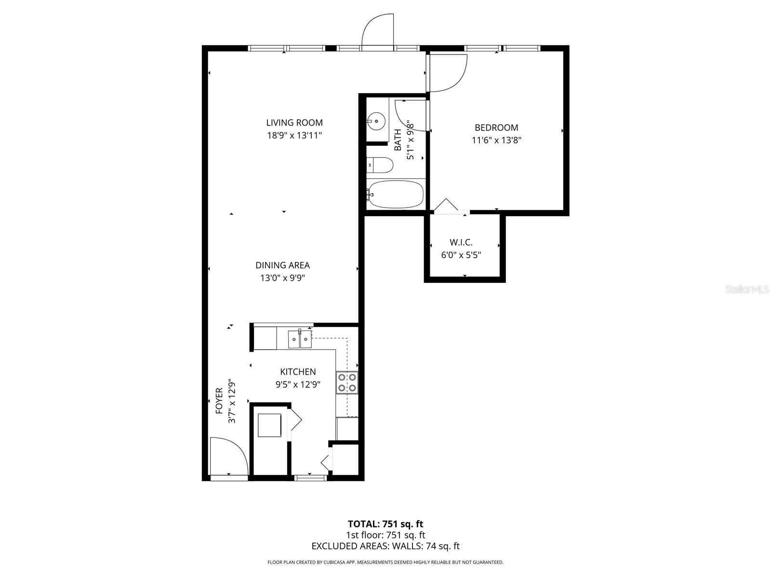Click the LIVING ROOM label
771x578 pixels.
pos(294,123)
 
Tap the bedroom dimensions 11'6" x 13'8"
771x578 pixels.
pos(496,141)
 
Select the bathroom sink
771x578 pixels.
pos(375,120)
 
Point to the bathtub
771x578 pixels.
pos(395,195)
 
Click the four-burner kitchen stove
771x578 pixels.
pos(347,382)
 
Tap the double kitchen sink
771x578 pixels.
pos(300,339)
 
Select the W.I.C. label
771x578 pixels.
pos(461,242)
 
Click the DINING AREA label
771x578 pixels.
pos(282,265)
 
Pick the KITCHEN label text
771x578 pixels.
pos(298,372)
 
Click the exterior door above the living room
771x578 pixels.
pos(378,33)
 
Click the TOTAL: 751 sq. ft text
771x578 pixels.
pos(385,524)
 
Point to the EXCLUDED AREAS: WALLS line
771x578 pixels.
pos(385,546)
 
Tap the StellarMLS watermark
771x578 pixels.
pos(747,289)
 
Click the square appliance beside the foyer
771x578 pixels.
pos(270,425)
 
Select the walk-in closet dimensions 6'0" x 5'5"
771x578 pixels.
pos(461,255)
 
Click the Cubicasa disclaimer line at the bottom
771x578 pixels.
pos(385,562)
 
